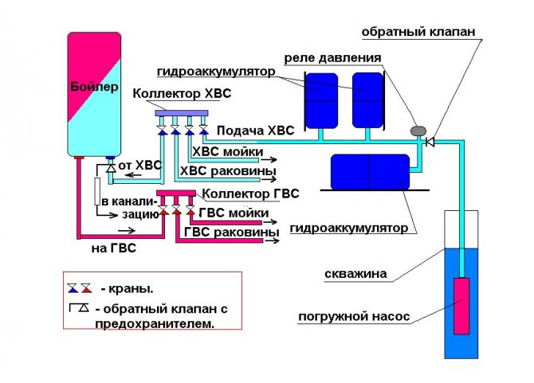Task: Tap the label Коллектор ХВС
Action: (x=182, y=94)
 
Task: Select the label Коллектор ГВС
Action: (x=251, y=193)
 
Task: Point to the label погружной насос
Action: (x=354, y=316)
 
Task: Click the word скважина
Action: (x=355, y=275)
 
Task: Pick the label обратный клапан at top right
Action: (x=418, y=32)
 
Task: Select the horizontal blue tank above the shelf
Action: (x=369, y=171)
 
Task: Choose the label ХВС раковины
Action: (x=229, y=170)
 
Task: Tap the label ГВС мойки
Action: (x=233, y=213)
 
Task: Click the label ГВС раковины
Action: (x=231, y=232)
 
